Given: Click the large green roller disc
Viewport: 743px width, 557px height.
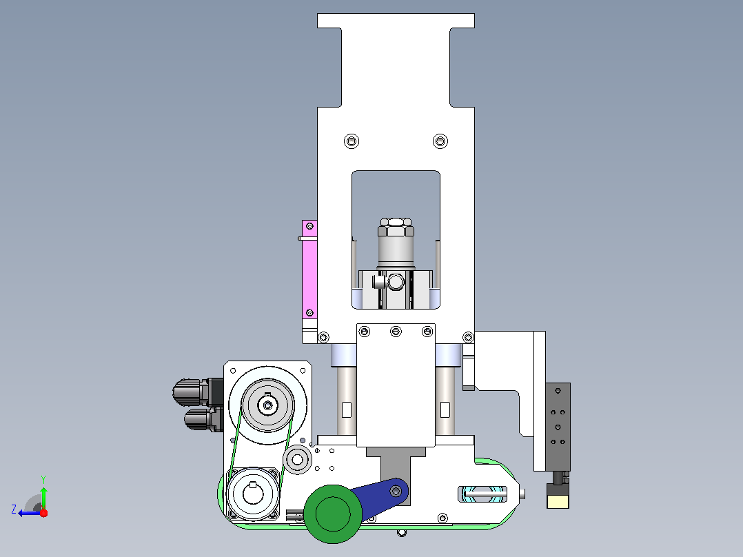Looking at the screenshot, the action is pyautogui.click(x=333, y=514).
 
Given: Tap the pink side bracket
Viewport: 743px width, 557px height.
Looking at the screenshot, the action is pyautogui.click(x=309, y=269).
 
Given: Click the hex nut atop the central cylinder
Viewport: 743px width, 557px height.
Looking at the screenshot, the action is pyautogui.click(x=396, y=227).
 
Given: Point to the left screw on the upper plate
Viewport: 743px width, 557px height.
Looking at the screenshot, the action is pyautogui.click(x=351, y=141).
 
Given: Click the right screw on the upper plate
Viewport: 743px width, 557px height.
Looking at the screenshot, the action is pyautogui.click(x=440, y=141).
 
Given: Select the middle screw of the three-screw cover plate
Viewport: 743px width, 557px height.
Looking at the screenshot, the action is pyautogui.click(x=396, y=332).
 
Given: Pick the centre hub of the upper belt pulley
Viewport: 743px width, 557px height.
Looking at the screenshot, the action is pyautogui.click(x=267, y=405).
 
